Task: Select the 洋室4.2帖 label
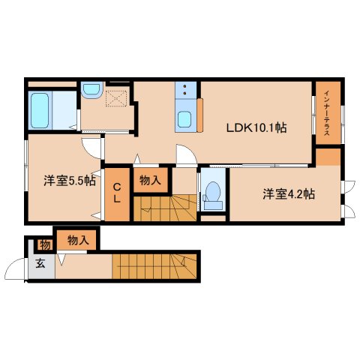point(289,193)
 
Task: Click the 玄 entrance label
point(39,263)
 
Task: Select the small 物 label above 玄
point(44,244)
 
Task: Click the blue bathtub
point(40,110)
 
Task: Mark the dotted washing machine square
point(116,98)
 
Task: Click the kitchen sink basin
point(184,118)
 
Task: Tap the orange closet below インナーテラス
point(328,158)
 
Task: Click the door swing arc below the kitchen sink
point(187,154)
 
